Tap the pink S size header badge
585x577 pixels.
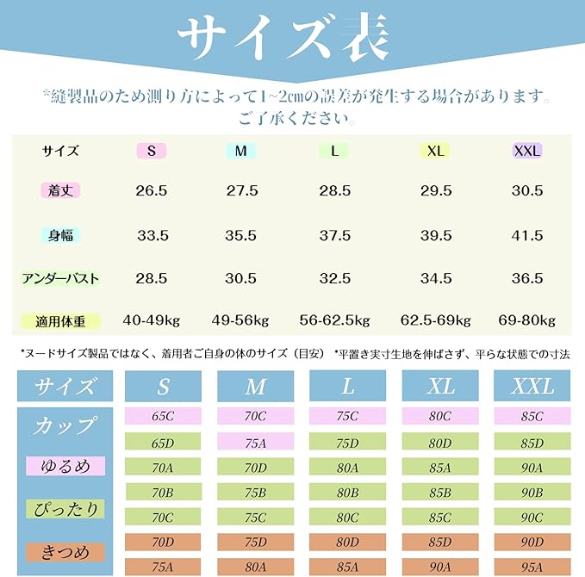(152, 151)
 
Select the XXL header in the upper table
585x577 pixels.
(526, 151)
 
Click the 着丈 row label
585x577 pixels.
(60, 190)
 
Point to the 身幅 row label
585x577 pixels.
(60, 234)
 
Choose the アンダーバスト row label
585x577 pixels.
(60, 278)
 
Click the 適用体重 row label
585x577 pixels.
(60, 321)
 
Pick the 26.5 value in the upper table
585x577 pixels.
(152, 190)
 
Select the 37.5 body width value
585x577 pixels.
(334, 234)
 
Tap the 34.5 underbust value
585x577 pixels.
(436, 278)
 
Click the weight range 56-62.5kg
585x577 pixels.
(334, 321)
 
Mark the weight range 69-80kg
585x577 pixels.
(526, 321)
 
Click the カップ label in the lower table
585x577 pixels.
(65, 426)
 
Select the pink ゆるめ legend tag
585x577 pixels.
(65, 467)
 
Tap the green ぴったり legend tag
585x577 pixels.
(65, 508)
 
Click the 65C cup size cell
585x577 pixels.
(163, 417)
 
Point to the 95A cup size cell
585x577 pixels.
(532, 568)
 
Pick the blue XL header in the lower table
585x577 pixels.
(440, 386)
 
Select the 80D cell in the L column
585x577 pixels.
(347, 543)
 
